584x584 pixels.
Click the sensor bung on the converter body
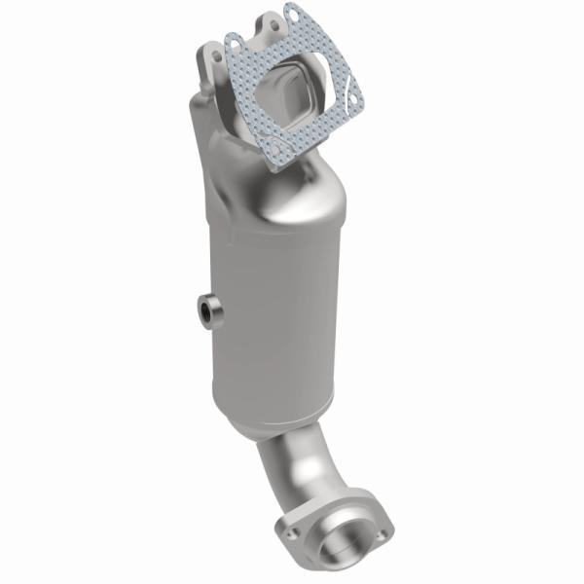(x=207, y=311)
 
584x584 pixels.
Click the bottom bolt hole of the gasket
(x=282, y=156)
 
